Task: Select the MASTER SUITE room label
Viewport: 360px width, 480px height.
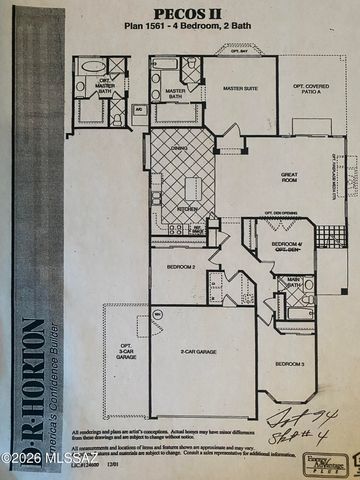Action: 240,89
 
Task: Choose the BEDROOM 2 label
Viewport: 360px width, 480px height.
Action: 180,267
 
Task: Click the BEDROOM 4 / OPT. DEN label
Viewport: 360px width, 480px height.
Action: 283,244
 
